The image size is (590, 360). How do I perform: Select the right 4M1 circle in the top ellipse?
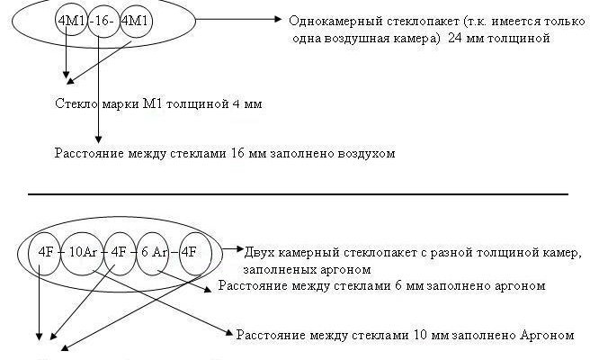pos(135,20)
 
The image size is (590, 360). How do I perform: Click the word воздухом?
pos(367,154)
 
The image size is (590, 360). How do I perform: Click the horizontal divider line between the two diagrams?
pos(297,194)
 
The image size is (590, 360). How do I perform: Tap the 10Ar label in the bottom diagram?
pos(85,251)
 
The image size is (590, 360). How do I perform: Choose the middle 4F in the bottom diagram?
pos(120,251)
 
